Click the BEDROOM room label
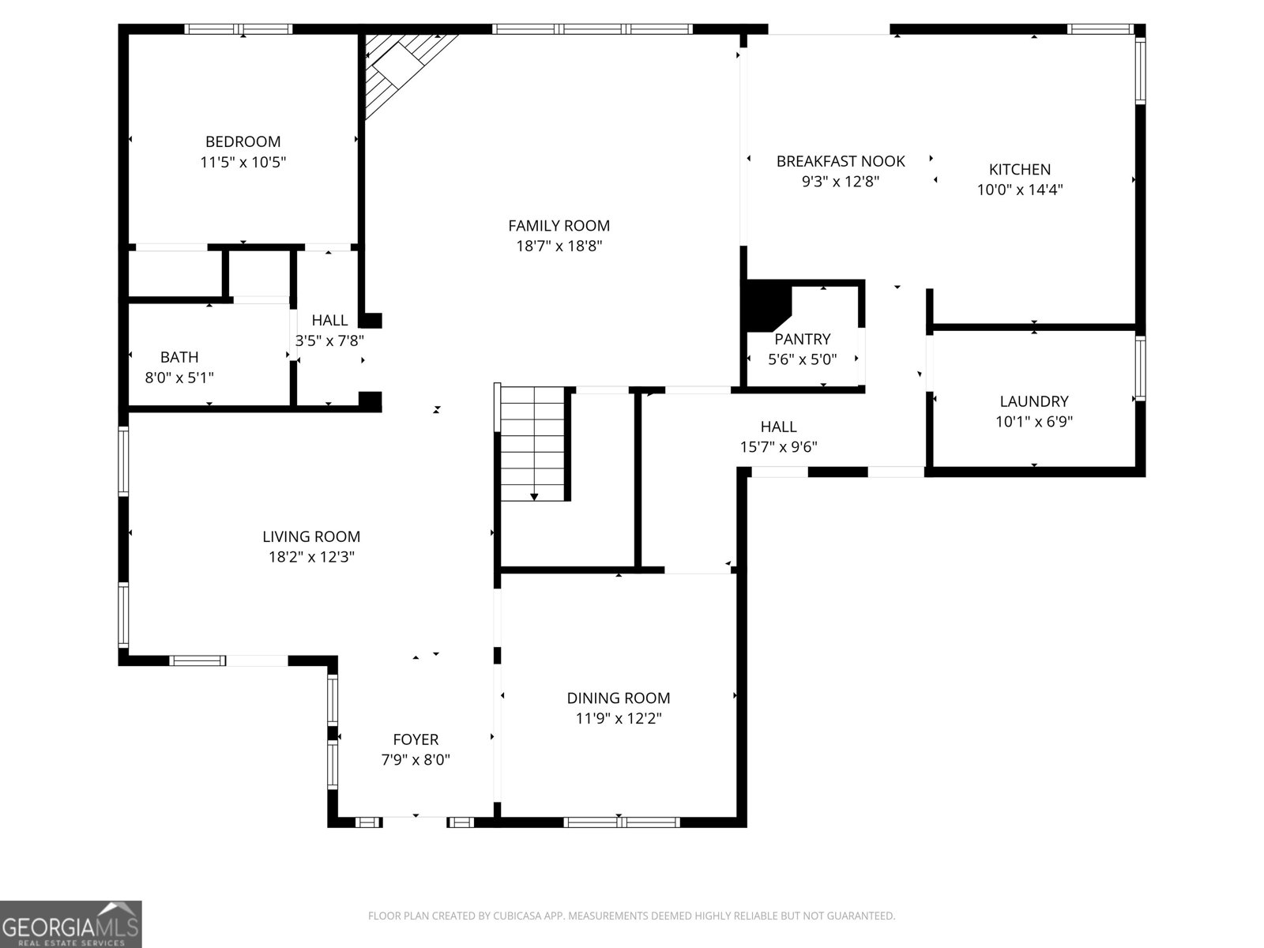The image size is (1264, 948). pyautogui.click(x=243, y=141)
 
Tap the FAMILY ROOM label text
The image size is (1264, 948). pyautogui.click(x=559, y=226)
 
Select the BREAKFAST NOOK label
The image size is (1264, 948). pyautogui.click(x=841, y=161)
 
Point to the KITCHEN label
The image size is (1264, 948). pyautogui.click(x=1020, y=169)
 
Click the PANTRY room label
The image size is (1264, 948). pyautogui.click(x=802, y=339)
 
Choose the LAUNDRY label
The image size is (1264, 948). pyautogui.click(x=1034, y=401)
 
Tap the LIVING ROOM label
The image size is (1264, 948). pyautogui.click(x=311, y=536)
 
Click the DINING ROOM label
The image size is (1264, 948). pyautogui.click(x=619, y=698)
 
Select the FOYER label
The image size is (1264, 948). pyautogui.click(x=416, y=739)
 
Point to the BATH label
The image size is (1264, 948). pyautogui.click(x=179, y=357)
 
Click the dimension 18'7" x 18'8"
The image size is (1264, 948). pyautogui.click(x=559, y=246)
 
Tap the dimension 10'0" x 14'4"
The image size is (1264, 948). pyautogui.click(x=1020, y=190)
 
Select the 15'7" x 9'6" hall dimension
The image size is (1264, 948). pyautogui.click(x=779, y=446)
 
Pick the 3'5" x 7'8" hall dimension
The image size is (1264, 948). pyautogui.click(x=329, y=340)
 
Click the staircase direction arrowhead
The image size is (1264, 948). pyautogui.click(x=534, y=497)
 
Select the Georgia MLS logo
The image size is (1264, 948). pyautogui.click(x=71, y=924)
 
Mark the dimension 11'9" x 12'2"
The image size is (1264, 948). pyautogui.click(x=619, y=718)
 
